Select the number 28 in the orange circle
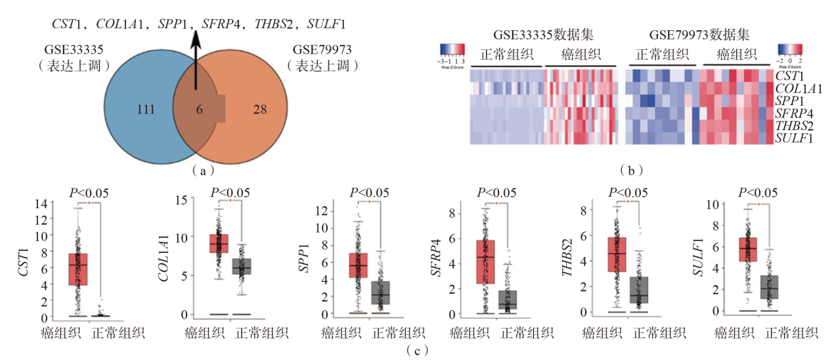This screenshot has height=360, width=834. [261, 109]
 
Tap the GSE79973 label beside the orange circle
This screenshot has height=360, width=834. [322, 50]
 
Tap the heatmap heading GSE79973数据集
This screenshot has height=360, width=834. [699, 34]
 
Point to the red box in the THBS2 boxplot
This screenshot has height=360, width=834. [617, 254]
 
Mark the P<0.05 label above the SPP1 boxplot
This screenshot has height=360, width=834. [369, 193]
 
